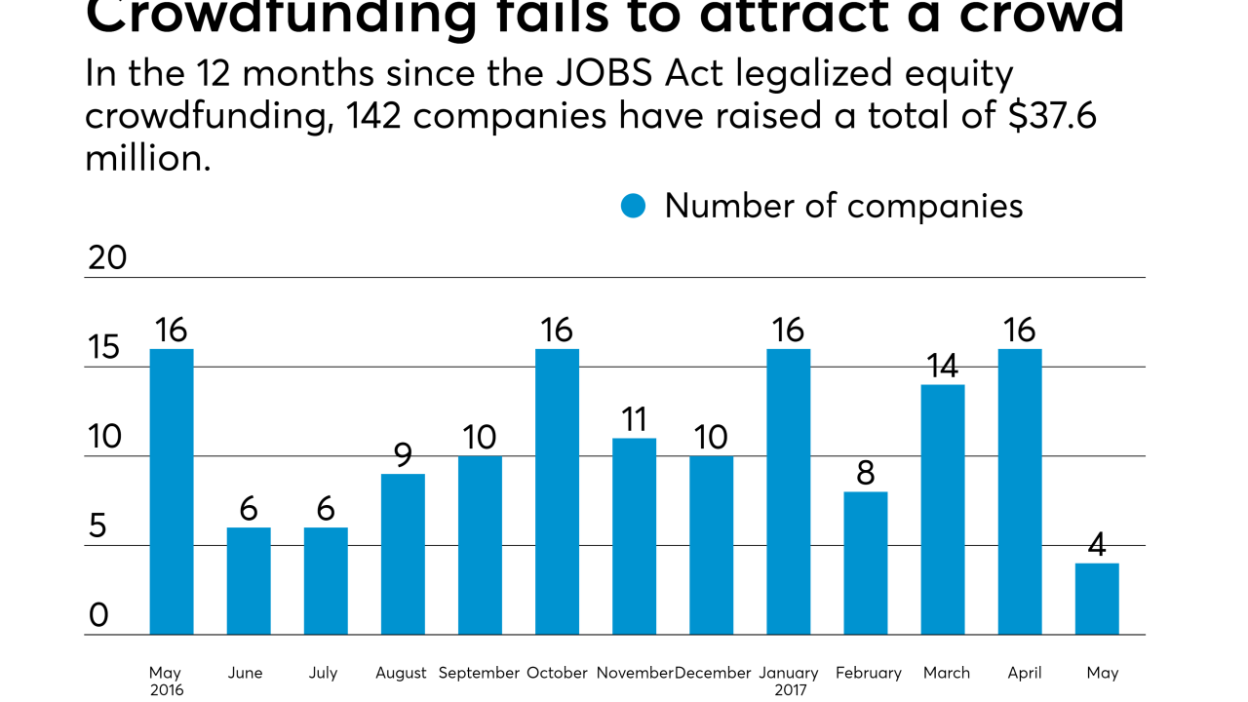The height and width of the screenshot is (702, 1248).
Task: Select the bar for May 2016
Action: click(172, 491)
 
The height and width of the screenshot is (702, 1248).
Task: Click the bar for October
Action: click(557, 491)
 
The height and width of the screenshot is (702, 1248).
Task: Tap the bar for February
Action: click(866, 564)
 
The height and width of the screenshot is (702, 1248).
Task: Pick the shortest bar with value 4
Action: click(1097, 599)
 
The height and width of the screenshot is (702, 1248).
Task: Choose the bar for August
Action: click(403, 554)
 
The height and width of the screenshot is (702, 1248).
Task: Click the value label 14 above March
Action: click(943, 367)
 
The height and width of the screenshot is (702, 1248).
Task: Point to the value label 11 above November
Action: click(634, 420)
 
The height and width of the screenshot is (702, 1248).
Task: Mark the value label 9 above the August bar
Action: click(403, 455)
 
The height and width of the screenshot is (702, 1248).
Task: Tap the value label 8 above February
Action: click(866, 474)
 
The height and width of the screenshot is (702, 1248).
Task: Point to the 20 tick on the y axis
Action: click(107, 257)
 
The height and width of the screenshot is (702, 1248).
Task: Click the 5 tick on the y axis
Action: click(97, 526)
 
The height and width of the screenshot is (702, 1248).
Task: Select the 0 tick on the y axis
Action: click(97, 615)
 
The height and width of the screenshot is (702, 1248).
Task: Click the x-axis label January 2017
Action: click(788, 681)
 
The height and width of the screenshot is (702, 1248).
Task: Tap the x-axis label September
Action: click(479, 673)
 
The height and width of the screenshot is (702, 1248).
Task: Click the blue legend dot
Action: click(634, 206)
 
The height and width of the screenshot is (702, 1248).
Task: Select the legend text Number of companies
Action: click(843, 206)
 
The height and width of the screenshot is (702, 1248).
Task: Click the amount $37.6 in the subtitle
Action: click(1040, 115)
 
